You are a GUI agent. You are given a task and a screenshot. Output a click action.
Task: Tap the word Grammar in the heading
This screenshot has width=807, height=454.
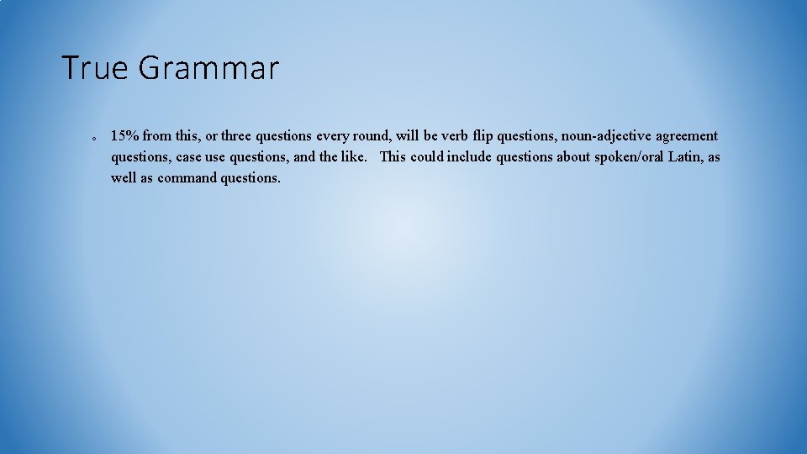coord(208,68)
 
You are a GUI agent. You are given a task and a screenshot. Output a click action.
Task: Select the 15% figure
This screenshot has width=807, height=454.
coord(125,135)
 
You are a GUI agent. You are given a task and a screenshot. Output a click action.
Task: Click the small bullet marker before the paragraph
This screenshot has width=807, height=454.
coord(94,137)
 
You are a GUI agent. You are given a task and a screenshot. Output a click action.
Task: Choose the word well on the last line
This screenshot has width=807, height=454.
coord(123,177)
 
